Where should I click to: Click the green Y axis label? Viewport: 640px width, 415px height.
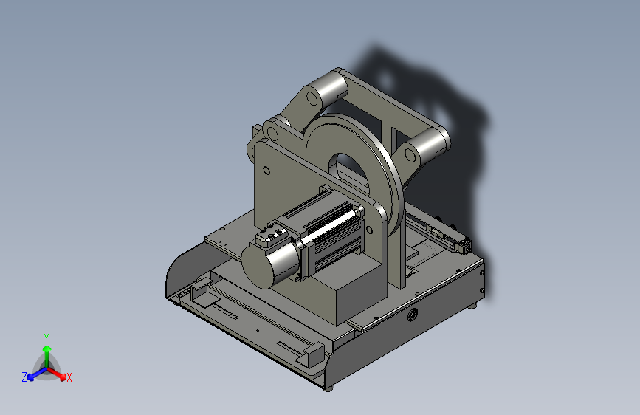[47, 337]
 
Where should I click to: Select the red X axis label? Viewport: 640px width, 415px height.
[69, 377]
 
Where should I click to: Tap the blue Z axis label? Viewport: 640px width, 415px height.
[24, 377]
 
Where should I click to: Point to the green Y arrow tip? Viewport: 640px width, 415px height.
[47, 349]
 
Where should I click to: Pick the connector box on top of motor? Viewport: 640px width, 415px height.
[270, 237]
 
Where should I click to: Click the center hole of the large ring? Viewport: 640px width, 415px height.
[348, 171]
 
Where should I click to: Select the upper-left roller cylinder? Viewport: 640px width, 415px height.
[330, 89]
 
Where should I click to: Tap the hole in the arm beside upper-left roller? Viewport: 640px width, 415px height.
[312, 98]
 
